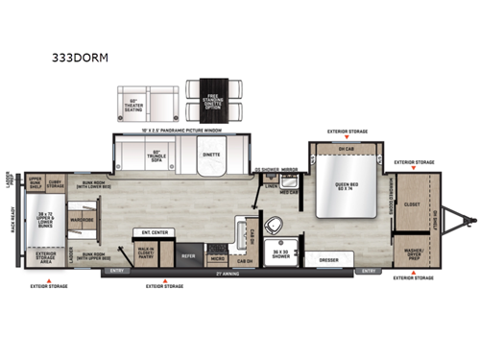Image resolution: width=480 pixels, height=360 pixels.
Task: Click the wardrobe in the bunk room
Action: [81, 224]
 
